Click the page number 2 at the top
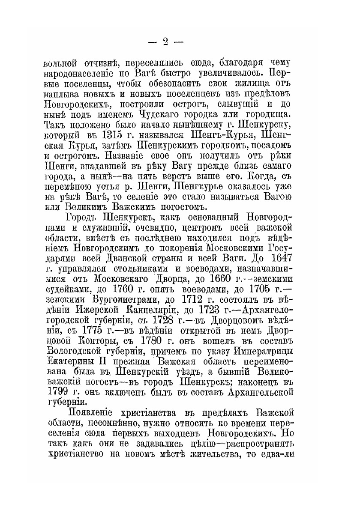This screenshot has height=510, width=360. pos(165,42)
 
